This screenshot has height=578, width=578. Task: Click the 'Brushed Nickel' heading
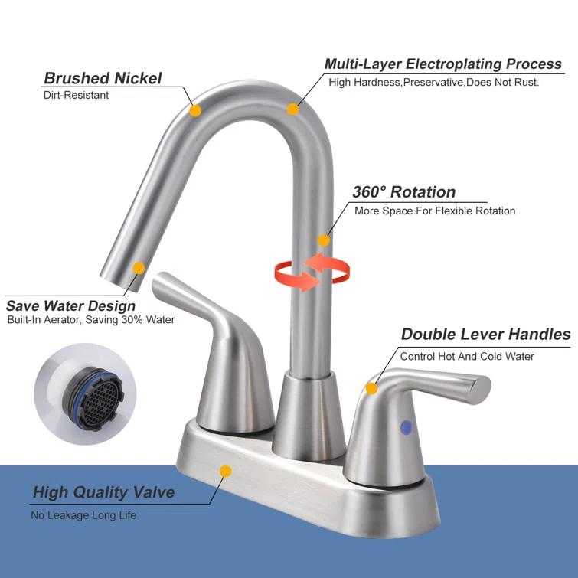pos(103,78)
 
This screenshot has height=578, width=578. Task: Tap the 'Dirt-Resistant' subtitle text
pos(76,96)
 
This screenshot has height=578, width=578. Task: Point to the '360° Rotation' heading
pos(403,192)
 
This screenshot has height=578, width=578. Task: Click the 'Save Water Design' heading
pos(70,306)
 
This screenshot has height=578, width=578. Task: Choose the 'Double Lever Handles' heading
pos(485,335)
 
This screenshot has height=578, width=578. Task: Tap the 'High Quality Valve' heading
pos(103,492)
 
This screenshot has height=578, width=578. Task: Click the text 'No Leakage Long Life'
pos(83,515)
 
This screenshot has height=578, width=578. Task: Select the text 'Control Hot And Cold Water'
pos(467,356)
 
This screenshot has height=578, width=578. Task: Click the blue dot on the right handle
pos(405,427)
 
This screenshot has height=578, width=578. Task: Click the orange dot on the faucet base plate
pos(225,472)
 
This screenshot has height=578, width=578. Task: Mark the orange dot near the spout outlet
pos(139,268)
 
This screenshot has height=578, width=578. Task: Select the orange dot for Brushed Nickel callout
pos(195,111)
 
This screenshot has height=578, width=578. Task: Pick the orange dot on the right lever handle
pos(371,388)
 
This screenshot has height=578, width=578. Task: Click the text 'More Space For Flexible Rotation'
pos(435,211)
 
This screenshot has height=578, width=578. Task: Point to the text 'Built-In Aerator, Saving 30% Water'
pos(91,320)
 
